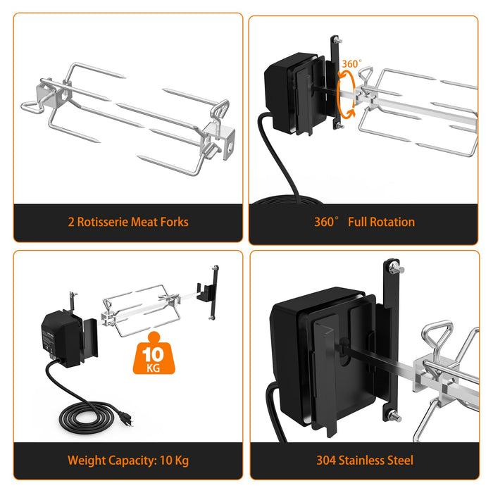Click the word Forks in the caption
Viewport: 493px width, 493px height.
click(x=174, y=222)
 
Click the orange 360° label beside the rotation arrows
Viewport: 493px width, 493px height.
click(x=351, y=64)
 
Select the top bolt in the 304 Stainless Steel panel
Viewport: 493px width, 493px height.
click(x=396, y=268)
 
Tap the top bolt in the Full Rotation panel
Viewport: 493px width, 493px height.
click(x=337, y=40)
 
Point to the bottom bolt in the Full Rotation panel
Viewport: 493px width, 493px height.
click(x=339, y=126)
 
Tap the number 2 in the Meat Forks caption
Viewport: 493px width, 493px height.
click(x=71, y=223)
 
